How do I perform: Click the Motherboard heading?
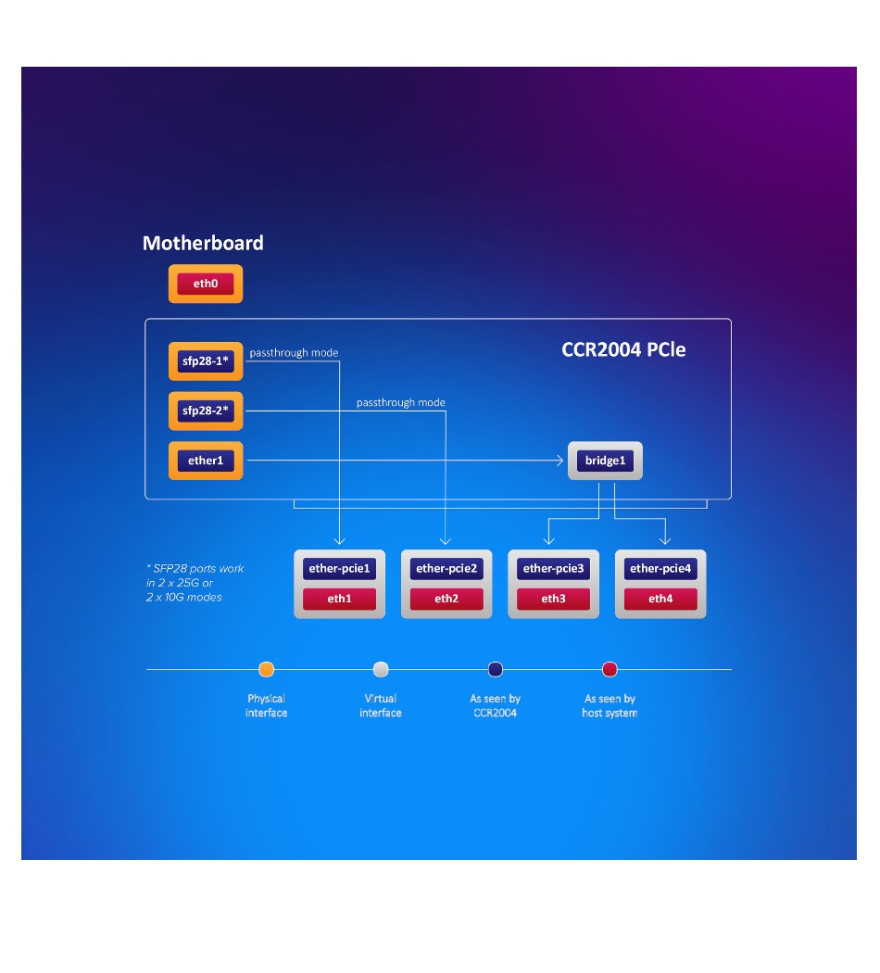(x=203, y=244)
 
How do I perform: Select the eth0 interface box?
(x=206, y=284)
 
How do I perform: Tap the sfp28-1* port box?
(x=206, y=360)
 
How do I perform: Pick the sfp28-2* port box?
(x=206, y=411)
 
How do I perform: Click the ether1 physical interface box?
(x=206, y=461)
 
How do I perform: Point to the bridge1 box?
(x=605, y=461)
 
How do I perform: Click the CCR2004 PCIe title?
(x=623, y=350)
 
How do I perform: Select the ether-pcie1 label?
(x=340, y=569)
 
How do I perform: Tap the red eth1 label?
(x=340, y=599)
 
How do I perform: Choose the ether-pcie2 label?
(x=446, y=569)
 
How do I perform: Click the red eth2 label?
(x=446, y=599)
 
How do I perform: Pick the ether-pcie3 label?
(x=554, y=569)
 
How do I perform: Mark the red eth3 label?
(x=554, y=599)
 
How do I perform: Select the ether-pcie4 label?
(x=660, y=569)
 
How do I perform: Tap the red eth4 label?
(x=660, y=599)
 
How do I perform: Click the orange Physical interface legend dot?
(x=267, y=669)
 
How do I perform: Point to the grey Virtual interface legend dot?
(x=381, y=669)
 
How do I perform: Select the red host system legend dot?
(x=610, y=669)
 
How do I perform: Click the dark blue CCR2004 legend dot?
(x=495, y=669)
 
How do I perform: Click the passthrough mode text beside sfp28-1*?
(x=294, y=353)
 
